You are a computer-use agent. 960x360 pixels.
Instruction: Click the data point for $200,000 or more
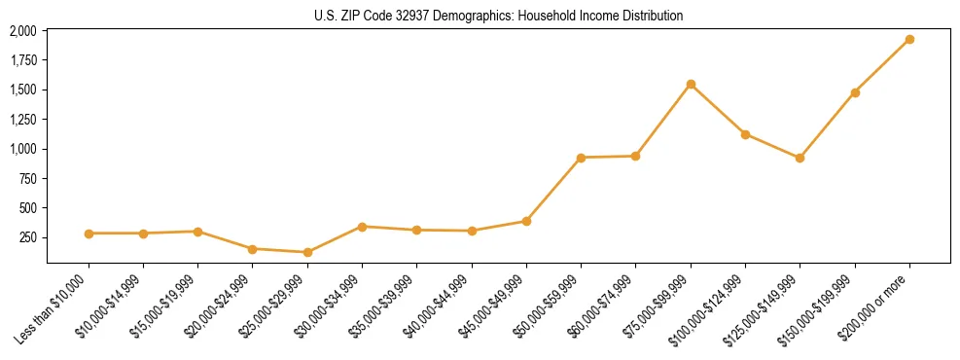pyautogui.click(x=909, y=40)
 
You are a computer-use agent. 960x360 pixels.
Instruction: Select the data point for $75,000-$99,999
pyautogui.click(x=691, y=85)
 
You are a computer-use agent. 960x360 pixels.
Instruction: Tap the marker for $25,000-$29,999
pyautogui.click(x=307, y=252)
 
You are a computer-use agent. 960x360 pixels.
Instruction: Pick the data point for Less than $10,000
pyautogui.click(x=89, y=234)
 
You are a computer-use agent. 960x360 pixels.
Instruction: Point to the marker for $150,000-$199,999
pyautogui.click(x=855, y=92)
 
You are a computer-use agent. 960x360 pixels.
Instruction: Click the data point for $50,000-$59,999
pyautogui.click(x=581, y=158)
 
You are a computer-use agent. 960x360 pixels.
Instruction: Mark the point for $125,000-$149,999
pyautogui.click(x=800, y=158)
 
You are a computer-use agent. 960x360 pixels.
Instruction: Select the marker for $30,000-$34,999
pyautogui.click(x=362, y=227)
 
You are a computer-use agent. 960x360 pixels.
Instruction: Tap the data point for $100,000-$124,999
pyautogui.click(x=745, y=134)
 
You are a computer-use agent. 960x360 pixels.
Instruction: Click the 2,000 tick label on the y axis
pyautogui.click(x=22, y=31)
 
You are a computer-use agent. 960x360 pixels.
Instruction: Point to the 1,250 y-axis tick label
pyautogui.click(x=22, y=120)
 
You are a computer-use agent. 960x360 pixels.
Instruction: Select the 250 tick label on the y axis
pyautogui.click(x=27, y=237)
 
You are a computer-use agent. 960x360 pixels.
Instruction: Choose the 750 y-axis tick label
pyautogui.click(x=27, y=179)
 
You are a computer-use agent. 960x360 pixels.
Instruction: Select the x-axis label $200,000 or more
pyautogui.click(x=876, y=305)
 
